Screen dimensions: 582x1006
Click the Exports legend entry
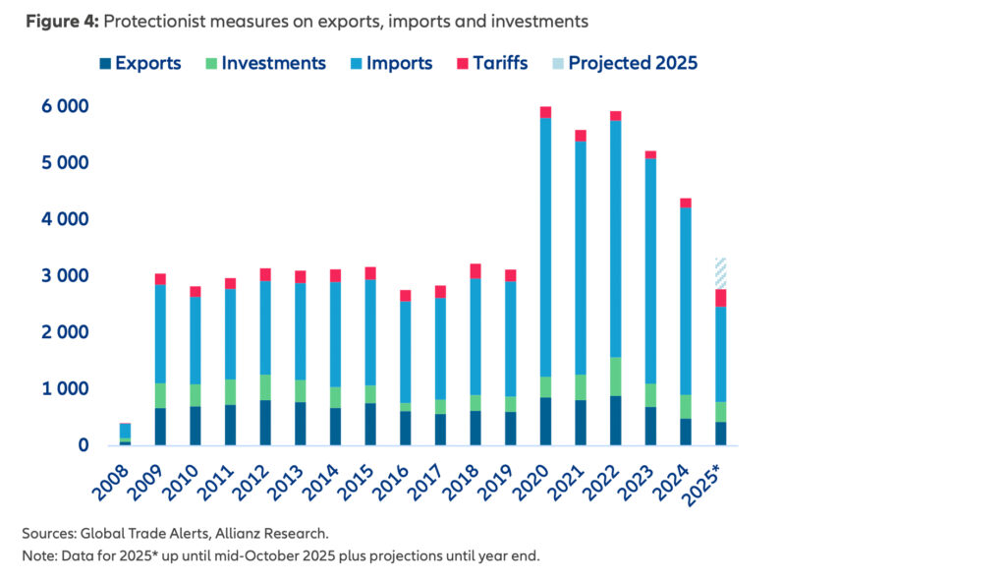[x=139, y=63]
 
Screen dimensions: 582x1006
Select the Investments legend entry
[x=263, y=63]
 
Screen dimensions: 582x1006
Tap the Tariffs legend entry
[x=490, y=63]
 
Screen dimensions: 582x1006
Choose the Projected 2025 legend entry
[x=625, y=63]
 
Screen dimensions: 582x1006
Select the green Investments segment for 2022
[x=615, y=377]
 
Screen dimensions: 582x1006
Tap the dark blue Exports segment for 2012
[x=265, y=423]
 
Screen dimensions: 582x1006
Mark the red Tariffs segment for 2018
[x=475, y=271]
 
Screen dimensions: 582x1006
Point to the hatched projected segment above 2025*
[x=720, y=272]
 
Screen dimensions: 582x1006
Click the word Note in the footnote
[x=38, y=555]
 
